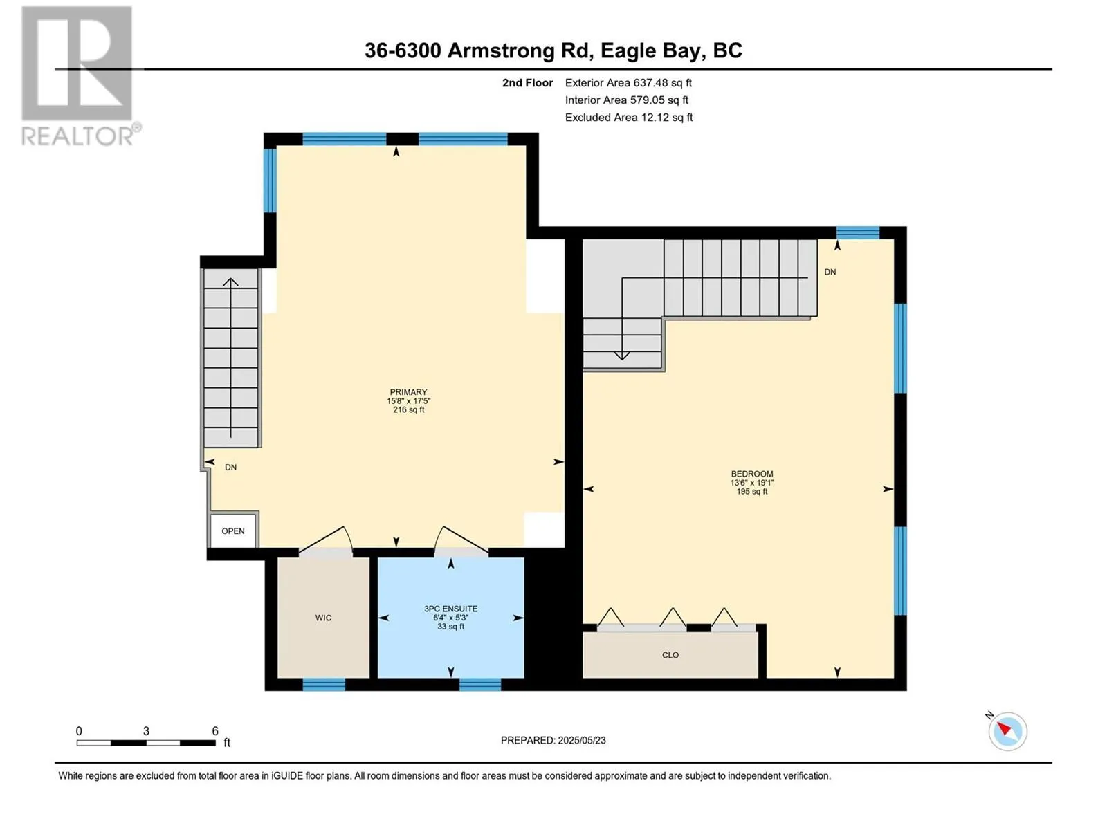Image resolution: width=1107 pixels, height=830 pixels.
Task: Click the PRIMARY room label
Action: [x=408, y=392]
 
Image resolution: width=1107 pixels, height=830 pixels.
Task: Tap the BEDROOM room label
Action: [x=751, y=474]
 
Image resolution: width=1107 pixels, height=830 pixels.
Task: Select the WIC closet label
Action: [x=323, y=618]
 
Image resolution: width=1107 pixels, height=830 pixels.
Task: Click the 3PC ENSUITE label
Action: [x=450, y=609]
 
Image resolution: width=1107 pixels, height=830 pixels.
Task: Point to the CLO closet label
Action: [x=670, y=655]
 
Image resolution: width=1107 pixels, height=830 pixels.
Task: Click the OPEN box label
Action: [x=233, y=531]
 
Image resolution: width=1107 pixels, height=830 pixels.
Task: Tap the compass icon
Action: [x=1007, y=732]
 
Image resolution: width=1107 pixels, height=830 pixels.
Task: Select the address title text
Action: [x=553, y=50]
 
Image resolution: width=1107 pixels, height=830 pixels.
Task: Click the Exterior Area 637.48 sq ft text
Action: [x=628, y=82]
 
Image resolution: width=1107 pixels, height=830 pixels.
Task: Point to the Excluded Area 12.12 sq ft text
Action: [x=629, y=118]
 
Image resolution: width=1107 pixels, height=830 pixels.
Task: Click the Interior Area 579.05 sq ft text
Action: [x=626, y=100]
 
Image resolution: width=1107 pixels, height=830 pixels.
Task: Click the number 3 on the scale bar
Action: [x=146, y=731]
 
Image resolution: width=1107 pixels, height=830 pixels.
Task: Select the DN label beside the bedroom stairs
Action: [x=830, y=272]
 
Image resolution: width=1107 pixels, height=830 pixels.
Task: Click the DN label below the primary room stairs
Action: [x=230, y=468]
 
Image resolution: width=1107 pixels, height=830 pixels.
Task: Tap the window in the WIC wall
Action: [x=324, y=684]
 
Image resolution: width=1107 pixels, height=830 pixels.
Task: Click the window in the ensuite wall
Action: [x=479, y=684]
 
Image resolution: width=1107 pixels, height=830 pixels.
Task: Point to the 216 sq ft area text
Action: [x=408, y=410]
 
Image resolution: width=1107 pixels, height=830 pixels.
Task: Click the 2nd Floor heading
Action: [x=527, y=82]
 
